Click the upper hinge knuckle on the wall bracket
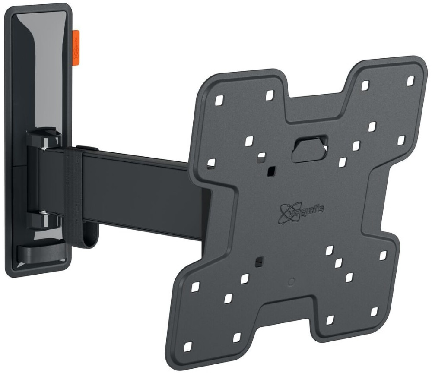(x=44, y=139)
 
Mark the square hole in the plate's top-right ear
(x=411, y=80)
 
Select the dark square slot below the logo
(x=259, y=261)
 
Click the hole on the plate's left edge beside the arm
(x=211, y=163)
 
